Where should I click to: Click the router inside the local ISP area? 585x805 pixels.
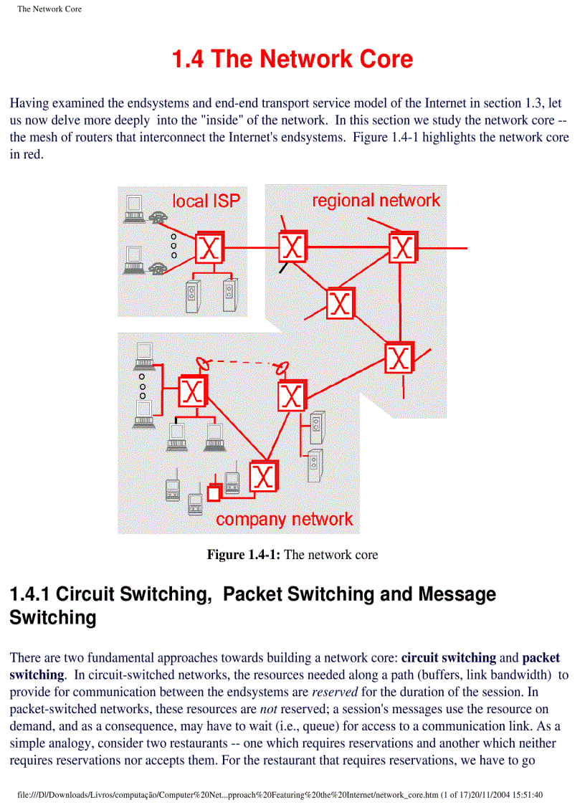(x=209, y=248)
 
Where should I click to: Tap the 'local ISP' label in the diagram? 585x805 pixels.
(x=206, y=201)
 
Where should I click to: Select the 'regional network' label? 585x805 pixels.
(x=376, y=200)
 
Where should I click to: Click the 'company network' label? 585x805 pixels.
(x=285, y=519)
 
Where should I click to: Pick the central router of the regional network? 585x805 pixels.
(x=340, y=304)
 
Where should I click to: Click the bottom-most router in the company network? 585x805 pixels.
(x=263, y=476)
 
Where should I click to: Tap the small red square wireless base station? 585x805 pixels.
(x=213, y=493)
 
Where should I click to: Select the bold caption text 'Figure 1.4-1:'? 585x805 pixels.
(x=244, y=555)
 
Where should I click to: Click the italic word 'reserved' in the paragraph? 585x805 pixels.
(x=338, y=692)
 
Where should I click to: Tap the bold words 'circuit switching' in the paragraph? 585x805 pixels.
(x=449, y=657)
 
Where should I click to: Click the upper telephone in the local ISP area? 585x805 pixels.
(x=158, y=218)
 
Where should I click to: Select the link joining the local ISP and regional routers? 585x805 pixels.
(x=251, y=249)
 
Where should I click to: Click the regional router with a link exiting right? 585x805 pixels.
(x=403, y=248)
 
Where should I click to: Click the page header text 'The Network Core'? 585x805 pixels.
(x=49, y=9)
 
